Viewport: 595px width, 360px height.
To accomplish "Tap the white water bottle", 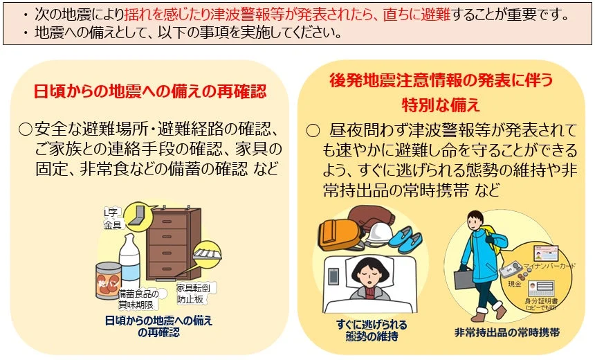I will coord(129,256).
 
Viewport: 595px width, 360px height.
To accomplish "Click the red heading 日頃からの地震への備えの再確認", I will coord(150,91).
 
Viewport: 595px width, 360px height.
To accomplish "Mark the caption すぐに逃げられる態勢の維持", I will coord(376,330).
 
